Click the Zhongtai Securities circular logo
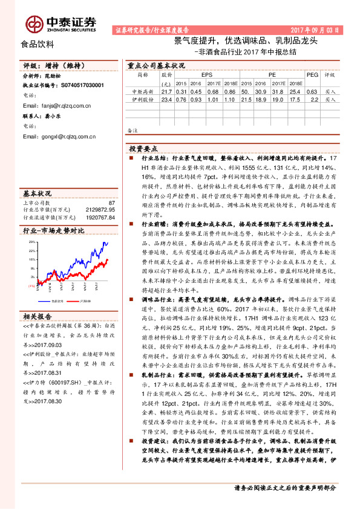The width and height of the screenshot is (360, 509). point(33,24)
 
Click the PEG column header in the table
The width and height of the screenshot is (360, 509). point(312,74)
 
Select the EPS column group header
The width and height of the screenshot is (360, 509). point(198,74)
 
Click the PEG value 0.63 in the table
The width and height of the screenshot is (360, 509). point(312,91)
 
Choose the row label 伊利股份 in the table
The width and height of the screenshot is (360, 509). point(143,99)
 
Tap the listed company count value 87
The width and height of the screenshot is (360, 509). point(111,203)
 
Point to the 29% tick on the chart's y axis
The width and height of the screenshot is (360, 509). point(31,241)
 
